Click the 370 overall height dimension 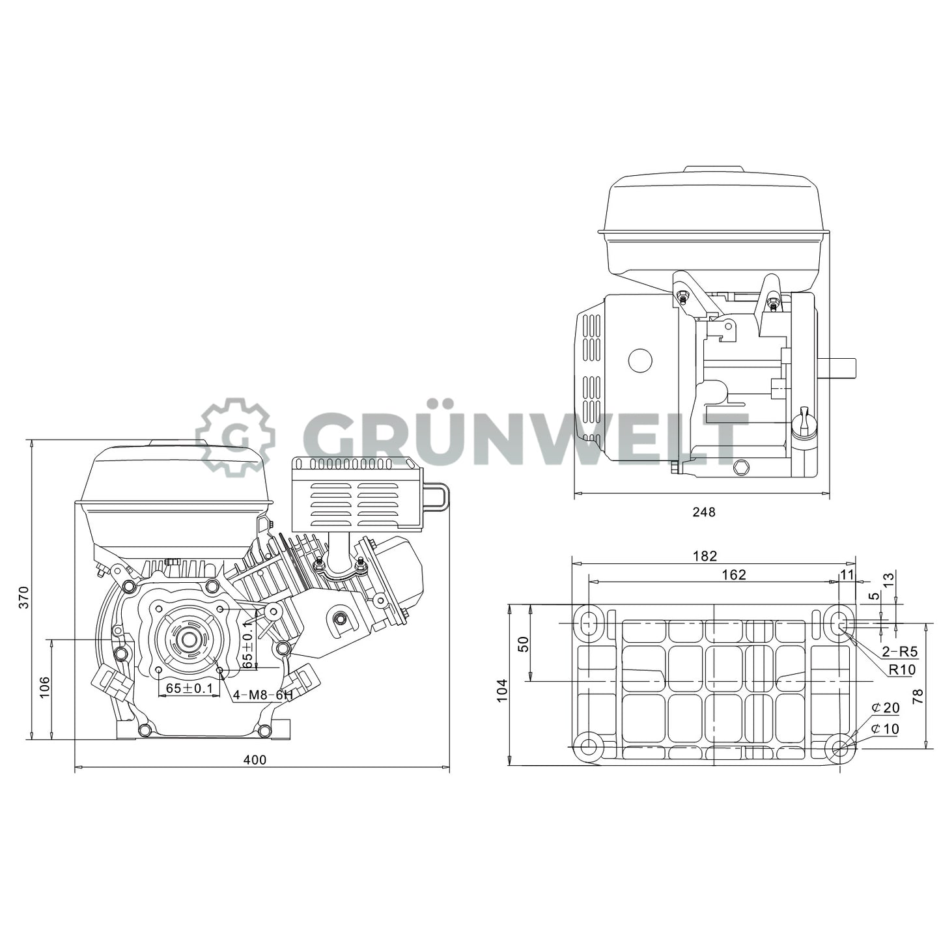tap(23, 597)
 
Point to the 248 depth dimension tap(703, 512)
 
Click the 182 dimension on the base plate tap(705, 555)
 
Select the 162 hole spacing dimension tap(734, 574)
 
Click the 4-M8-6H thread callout tap(262, 695)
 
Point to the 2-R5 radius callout tap(899, 652)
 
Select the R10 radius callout tap(902, 669)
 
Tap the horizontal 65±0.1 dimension tap(189, 688)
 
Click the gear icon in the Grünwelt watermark tap(235, 436)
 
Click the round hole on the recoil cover tap(639, 360)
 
